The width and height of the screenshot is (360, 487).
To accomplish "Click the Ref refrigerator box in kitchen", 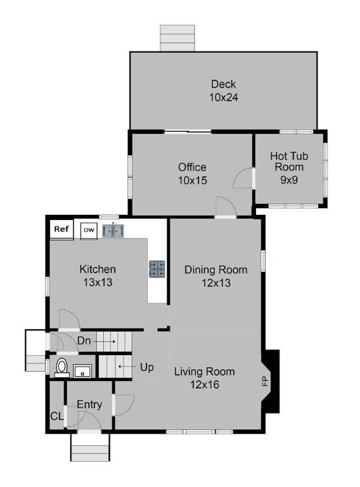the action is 61,230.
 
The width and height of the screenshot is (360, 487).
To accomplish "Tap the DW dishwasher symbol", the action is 89,231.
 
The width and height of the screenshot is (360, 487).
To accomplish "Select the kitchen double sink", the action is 113,231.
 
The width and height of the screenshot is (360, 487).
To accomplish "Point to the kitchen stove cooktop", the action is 157,269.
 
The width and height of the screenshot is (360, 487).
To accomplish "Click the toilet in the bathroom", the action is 61,368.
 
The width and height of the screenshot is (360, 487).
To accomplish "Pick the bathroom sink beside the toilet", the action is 82,371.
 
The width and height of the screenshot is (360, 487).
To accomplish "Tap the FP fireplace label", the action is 265,381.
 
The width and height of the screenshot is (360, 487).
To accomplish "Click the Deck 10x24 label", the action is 224,91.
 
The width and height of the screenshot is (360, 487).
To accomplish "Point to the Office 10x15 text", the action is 193,174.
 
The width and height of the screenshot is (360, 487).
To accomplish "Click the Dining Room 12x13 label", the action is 216,276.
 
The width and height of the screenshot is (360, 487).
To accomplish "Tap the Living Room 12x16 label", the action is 205,378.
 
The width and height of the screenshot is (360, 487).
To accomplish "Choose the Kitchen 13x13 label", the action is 98,276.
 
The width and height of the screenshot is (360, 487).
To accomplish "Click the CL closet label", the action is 57,416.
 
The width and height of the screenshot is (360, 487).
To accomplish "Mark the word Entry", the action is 89,405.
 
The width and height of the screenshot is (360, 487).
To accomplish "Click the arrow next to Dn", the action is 105,342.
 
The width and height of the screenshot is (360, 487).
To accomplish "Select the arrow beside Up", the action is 127,367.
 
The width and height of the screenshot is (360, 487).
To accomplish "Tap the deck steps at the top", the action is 177,38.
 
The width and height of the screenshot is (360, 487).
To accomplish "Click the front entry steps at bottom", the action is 90,447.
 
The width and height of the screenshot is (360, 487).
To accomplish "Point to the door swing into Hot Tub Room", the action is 243,178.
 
